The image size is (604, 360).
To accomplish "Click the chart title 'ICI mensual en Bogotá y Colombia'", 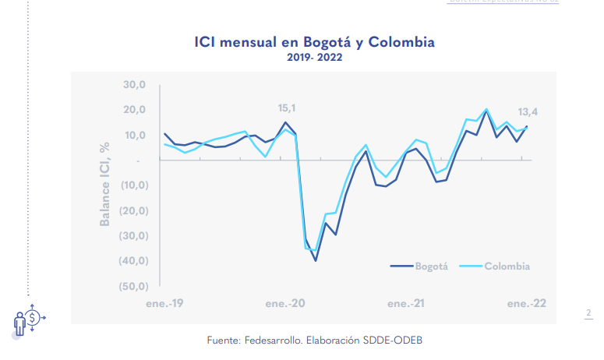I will (x=314, y=41).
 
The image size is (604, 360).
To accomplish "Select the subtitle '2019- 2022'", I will (x=314, y=57).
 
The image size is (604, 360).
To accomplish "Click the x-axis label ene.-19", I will (x=164, y=302).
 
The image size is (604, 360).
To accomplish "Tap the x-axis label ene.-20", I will (x=284, y=302).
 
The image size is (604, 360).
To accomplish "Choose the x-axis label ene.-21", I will (x=405, y=302).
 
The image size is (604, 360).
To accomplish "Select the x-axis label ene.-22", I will (x=527, y=302).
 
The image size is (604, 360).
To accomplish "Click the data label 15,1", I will (x=288, y=108).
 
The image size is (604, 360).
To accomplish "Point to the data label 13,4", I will (x=528, y=112).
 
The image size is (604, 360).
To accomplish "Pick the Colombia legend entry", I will (x=507, y=266).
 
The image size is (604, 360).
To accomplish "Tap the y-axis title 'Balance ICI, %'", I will (x=105, y=185).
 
